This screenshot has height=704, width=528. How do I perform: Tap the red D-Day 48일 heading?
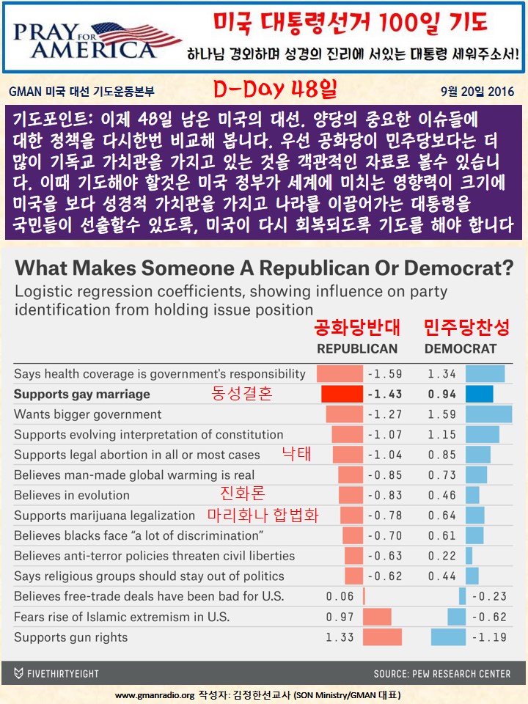tap(275, 90)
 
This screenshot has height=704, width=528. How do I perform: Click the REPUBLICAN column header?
tap(357, 348)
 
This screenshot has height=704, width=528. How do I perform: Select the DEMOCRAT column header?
tap(461, 348)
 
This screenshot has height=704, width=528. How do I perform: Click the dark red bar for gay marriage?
tap(342, 394)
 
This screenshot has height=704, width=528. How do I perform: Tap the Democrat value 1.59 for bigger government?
tap(441, 414)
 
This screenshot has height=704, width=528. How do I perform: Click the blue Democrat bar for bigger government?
tap(489, 414)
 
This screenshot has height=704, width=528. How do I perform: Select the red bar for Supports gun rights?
tap(382, 637)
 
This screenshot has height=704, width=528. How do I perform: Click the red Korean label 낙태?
tap(297, 454)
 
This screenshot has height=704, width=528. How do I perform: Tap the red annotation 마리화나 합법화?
tap(263, 515)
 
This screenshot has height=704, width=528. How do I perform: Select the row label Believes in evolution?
tap(72, 495)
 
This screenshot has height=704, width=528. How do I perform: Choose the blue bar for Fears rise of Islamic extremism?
tap(456, 617)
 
